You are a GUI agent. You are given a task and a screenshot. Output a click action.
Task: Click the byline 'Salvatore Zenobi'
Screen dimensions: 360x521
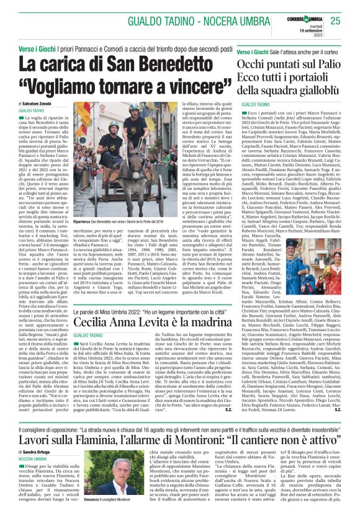coord(37,103)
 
